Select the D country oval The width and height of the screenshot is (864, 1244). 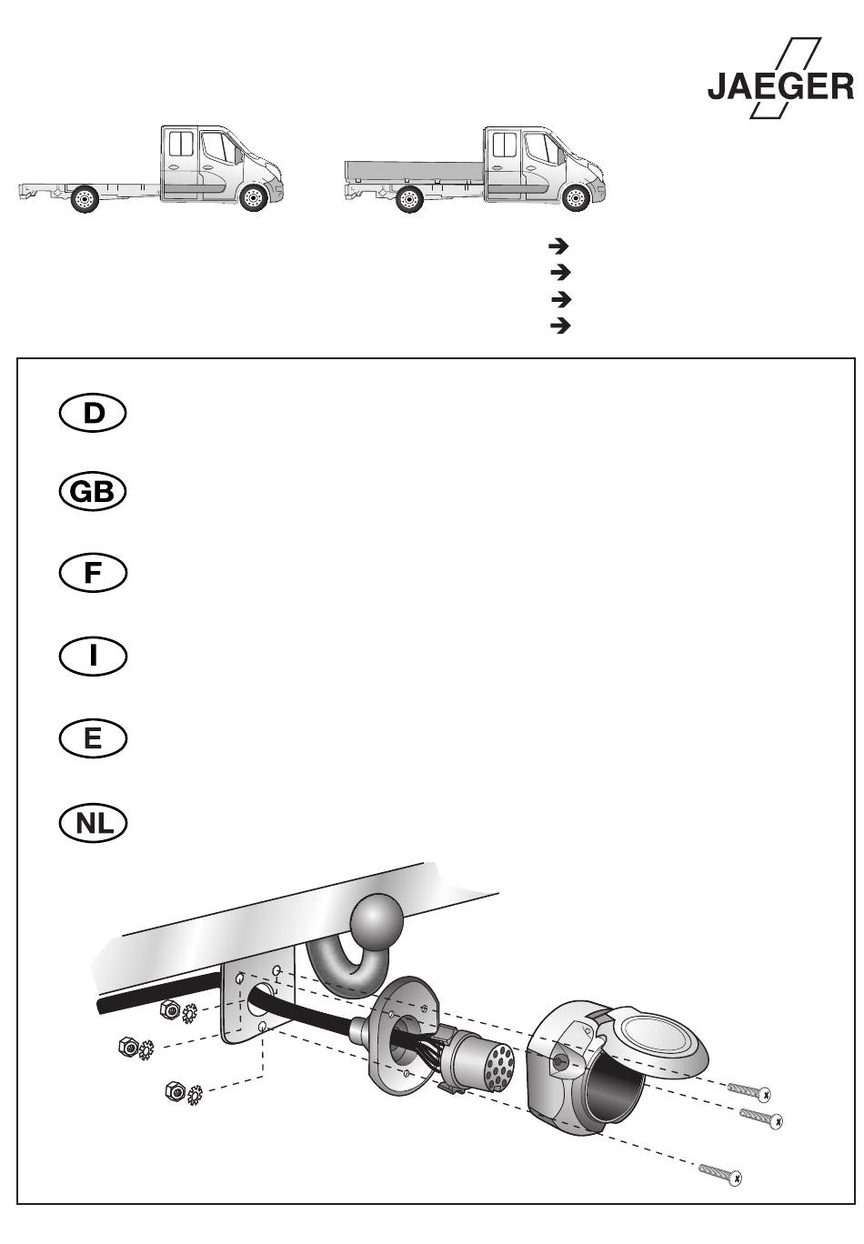(93, 413)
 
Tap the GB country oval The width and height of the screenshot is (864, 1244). (93, 492)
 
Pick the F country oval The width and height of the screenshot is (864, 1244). (93, 573)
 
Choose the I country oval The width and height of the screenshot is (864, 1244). (93, 656)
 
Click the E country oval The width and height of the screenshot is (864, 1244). (93, 739)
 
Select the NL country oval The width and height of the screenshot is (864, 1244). (93, 822)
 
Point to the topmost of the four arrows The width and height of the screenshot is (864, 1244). (558, 246)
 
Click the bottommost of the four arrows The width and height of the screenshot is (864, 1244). (560, 326)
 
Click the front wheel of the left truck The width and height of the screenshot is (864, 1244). (253, 197)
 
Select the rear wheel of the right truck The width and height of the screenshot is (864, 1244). (409, 199)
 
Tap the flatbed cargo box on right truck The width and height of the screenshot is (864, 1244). (414, 171)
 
